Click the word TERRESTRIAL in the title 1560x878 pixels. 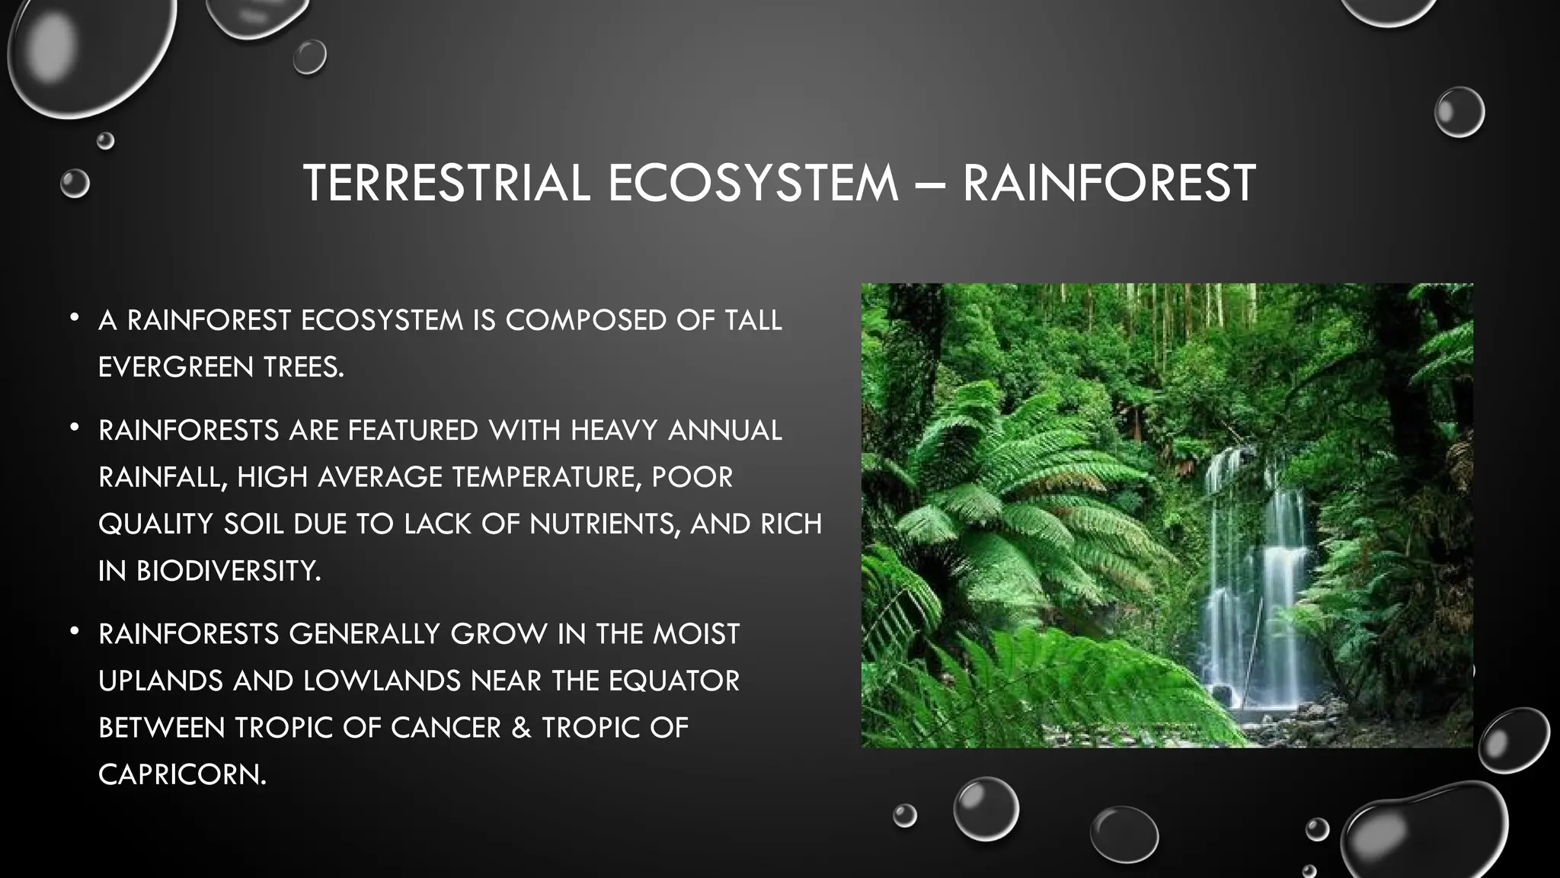[x=446, y=183]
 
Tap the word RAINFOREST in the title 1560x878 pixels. [x=1108, y=183]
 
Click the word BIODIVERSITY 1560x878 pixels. [x=228, y=571]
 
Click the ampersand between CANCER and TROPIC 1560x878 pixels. [x=521, y=728]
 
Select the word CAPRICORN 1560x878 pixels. [x=182, y=774]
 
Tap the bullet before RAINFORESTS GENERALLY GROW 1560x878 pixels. [x=74, y=631]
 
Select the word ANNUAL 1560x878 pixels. [x=724, y=431]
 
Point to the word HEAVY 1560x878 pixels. [x=613, y=431]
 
